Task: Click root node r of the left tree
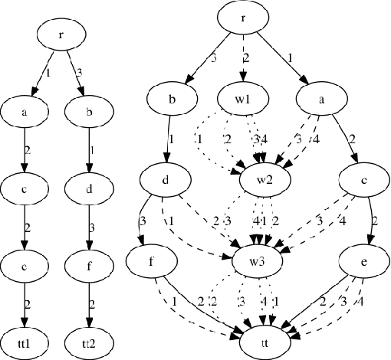62,34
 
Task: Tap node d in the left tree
92,186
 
